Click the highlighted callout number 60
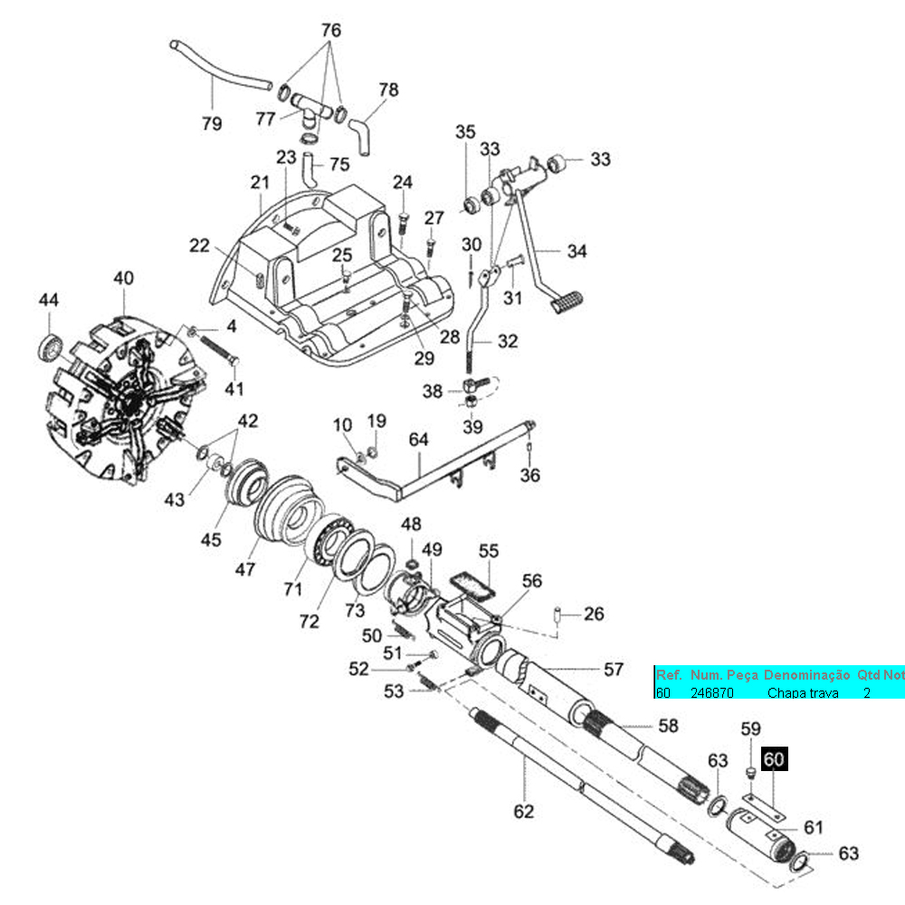[775, 759]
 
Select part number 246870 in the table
[711, 692]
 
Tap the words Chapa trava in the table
[803, 692]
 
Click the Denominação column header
[806, 675]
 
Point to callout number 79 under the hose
[212, 124]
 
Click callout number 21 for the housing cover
[261, 183]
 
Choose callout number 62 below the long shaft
[524, 811]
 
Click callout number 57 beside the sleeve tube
[614, 670]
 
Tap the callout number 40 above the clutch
[123, 279]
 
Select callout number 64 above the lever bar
[418, 440]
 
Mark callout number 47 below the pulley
[245, 569]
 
